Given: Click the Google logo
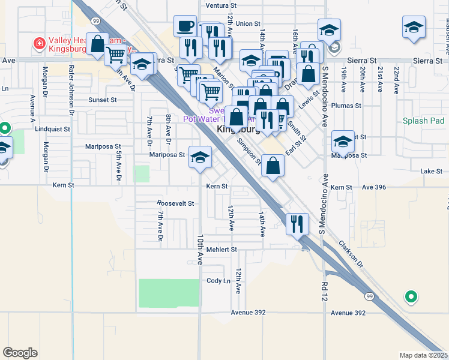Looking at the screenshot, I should tap(20, 353).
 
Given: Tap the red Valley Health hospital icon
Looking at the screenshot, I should tap(39, 43).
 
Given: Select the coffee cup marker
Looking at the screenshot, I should tap(185, 26).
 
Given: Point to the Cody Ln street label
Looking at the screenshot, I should tap(218, 281).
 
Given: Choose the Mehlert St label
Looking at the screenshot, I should tap(222, 249).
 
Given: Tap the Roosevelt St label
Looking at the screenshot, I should tap(175, 203).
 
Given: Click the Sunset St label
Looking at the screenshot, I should tap(102, 100).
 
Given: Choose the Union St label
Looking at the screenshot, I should tap(248, 24).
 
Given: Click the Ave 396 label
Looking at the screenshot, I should tap(374, 187).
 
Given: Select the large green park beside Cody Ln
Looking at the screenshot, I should tap(169, 293).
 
